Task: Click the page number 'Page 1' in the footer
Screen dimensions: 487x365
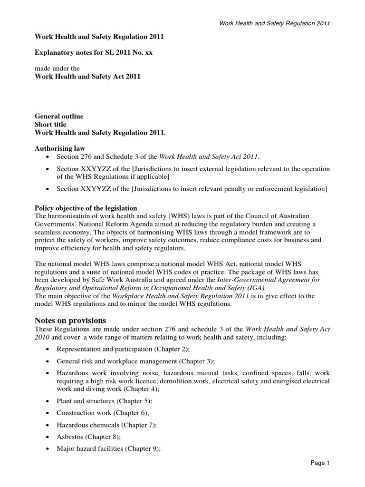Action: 318,462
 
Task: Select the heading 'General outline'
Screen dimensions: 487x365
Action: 59,116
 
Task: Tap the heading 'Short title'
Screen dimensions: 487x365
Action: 51,125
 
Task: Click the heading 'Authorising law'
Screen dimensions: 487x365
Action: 60,148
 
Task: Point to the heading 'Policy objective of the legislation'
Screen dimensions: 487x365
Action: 86,208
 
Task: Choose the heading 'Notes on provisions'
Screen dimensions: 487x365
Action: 71,320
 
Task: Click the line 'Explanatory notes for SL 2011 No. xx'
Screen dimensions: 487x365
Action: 94,52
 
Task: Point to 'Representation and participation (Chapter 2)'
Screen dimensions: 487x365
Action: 122,348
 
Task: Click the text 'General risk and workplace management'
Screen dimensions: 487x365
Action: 115,360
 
